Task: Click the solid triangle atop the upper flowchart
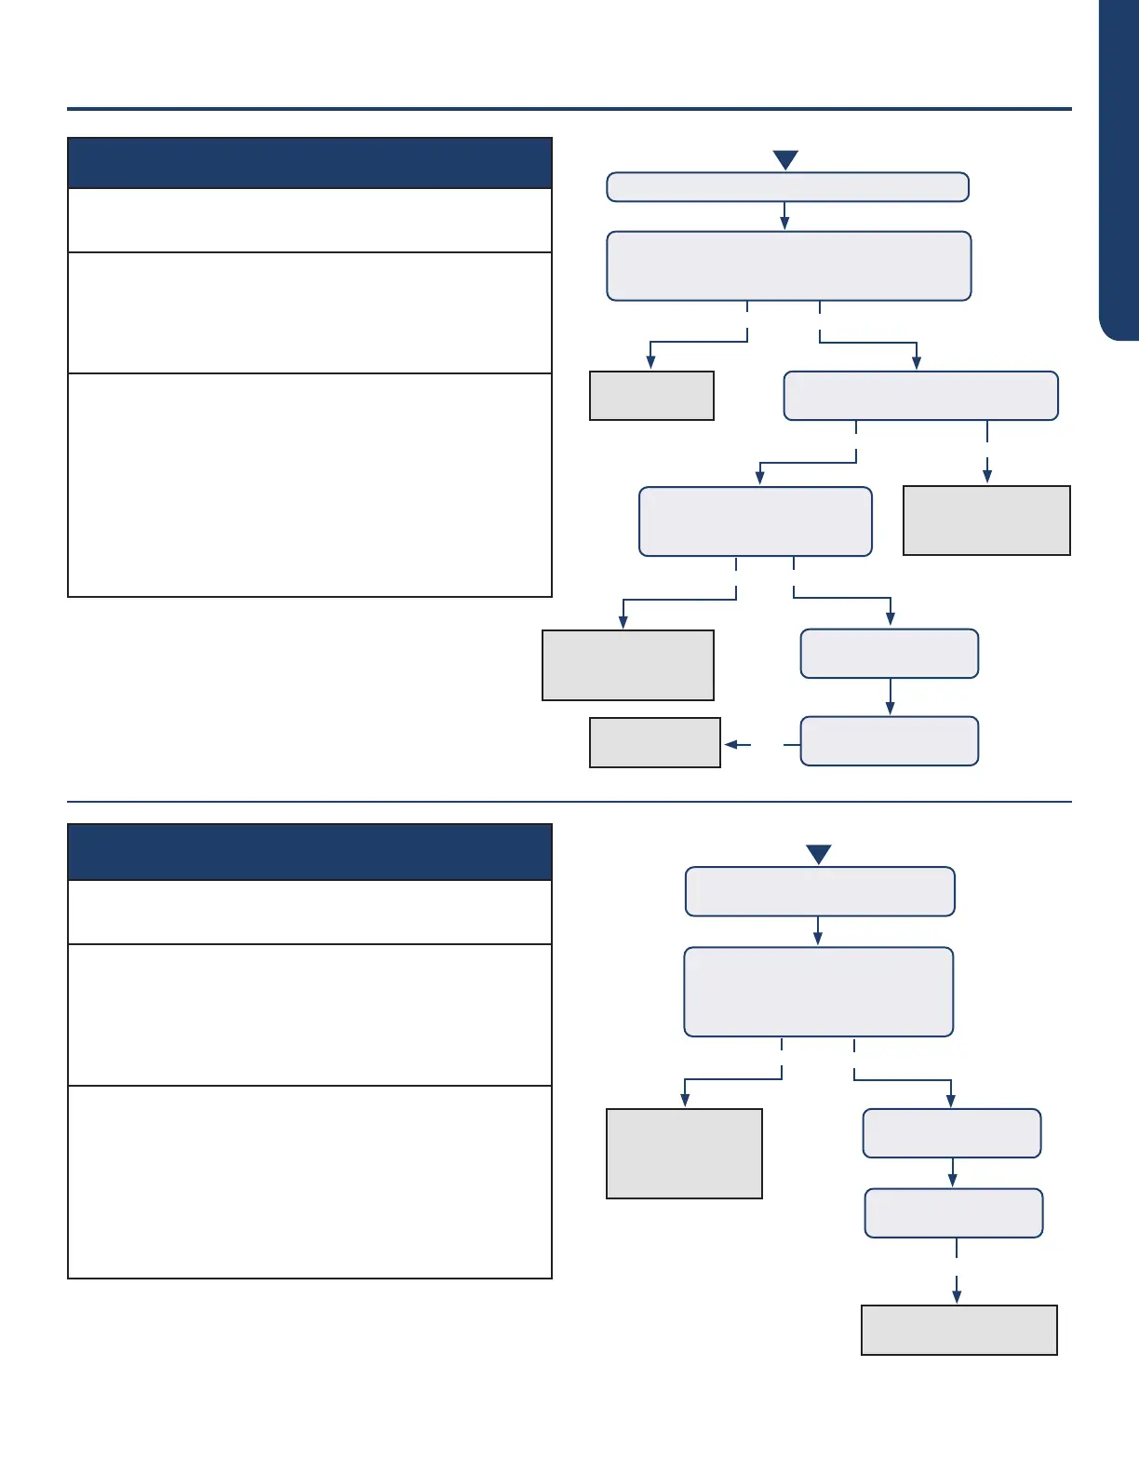(785, 160)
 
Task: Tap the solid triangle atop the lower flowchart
(818, 855)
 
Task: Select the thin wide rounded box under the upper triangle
(787, 187)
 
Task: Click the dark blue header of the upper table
(310, 163)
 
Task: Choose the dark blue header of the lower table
(310, 851)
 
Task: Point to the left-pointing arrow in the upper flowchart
(738, 744)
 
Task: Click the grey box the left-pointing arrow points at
(655, 742)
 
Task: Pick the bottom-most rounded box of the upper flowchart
(890, 741)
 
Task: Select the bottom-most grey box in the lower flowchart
(959, 1330)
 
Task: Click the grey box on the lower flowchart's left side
(684, 1153)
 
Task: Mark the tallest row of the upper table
(310, 485)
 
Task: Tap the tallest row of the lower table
(310, 1182)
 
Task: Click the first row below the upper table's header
(310, 221)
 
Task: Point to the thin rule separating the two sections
(569, 802)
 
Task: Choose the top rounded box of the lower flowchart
(820, 891)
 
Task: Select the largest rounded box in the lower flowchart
(819, 992)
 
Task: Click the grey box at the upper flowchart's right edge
(986, 521)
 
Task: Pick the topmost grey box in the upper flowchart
(651, 396)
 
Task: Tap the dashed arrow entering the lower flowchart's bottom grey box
(957, 1290)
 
